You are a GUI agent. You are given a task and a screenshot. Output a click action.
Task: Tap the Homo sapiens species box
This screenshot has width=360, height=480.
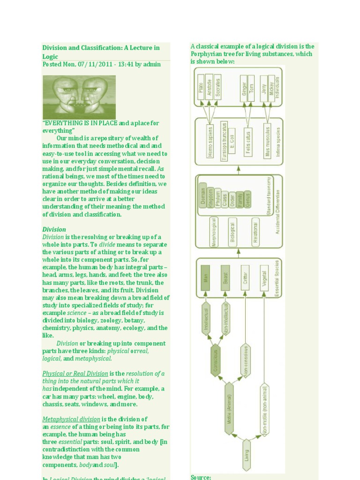(x=210, y=141)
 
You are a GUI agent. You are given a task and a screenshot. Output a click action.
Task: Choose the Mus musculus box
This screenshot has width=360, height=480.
(x=267, y=141)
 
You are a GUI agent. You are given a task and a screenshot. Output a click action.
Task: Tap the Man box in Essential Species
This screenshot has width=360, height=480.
(x=205, y=277)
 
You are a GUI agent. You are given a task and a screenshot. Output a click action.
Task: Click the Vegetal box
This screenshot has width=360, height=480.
(x=264, y=277)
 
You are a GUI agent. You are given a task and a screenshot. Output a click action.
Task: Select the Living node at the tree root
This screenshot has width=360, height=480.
(x=246, y=454)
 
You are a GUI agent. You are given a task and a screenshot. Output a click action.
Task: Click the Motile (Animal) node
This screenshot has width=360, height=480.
(x=229, y=408)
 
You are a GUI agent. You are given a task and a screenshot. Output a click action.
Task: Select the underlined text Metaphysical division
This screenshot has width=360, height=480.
(x=71, y=419)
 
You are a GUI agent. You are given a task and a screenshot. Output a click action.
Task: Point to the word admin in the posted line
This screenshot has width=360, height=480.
(x=152, y=64)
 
